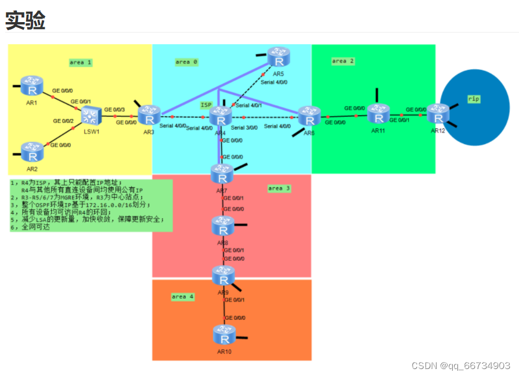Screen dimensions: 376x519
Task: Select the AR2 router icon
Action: click(32, 152)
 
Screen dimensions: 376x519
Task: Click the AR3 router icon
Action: click(149, 114)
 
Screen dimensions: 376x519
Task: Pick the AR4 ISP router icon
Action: click(221, 116)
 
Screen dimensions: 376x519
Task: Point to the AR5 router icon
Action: click(279, 57)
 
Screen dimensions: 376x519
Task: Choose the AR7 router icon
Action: click(222, 173)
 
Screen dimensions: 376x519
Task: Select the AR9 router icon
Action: click(224, 275)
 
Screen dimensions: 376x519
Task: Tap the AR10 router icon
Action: click(224, 335)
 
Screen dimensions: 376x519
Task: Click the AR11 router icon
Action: click(379, 113)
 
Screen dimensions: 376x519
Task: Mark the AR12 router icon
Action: click(438, 113)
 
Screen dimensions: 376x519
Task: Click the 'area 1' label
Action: click(81, 62)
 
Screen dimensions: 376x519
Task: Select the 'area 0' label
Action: click(186, 62)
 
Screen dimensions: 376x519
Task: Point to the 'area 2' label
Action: click(343, 60)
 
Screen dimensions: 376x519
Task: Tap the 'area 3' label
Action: click(279, 188)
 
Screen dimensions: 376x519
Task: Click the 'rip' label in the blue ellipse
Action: click(474, 99)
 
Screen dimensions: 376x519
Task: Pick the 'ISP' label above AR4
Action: click(206, 105)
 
